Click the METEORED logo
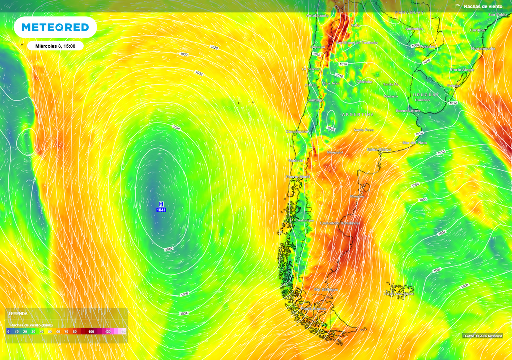[x=55, y=27]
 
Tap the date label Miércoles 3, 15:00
[x=55, y=46]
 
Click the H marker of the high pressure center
[x=161, y=204]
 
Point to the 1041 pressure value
[x=161, y=210]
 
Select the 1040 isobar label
[x=169, y=249]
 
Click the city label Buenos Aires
[x=408, y=110]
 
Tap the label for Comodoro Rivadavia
[x=339, y=223]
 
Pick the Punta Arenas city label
[x=313, y=308]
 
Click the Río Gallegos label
[x=326, y=289]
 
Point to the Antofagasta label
[x=318, y=15]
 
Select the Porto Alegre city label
[x=462, y=70]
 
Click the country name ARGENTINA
[x=357, y=114]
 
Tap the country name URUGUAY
[x=426, y=94]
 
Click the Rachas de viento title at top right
[x=483, y=6]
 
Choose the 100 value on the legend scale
[x=91, y=331]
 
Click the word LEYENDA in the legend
[x=18, y=313]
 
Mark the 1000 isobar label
[x=465, y=286]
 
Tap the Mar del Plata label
[x=415, y=143]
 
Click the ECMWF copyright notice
[x=482, y=336]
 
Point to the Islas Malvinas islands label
[x=400, y=293]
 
